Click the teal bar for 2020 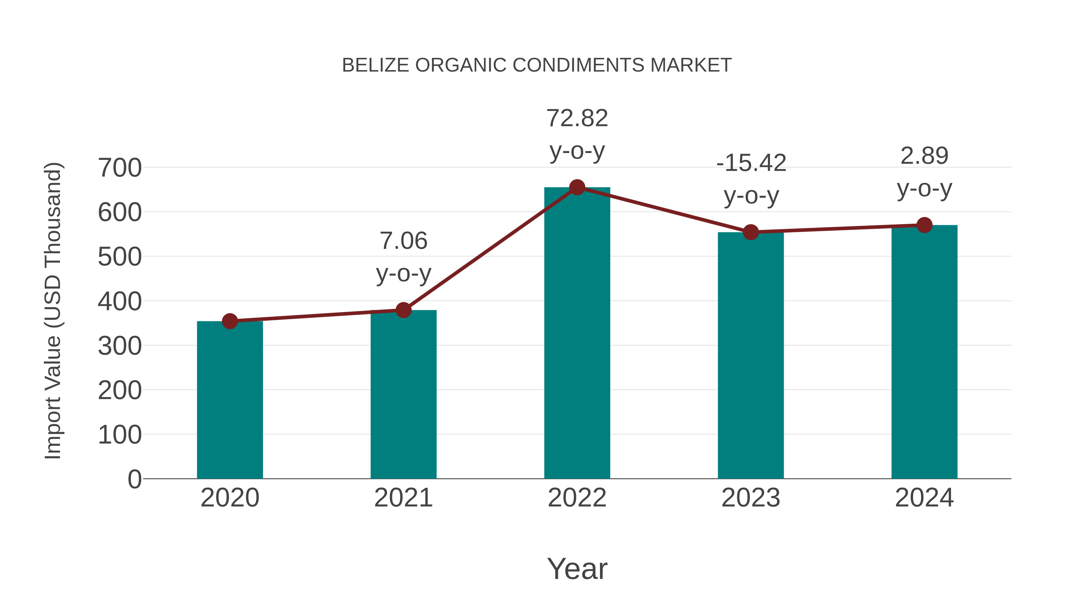230,400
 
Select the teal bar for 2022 577,333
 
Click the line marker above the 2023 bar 751,232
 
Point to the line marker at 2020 230,321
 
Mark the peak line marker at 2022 577,188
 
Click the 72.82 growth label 577,118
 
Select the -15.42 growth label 751,163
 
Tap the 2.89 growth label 924,156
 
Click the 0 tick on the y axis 134,479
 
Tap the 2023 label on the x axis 751,498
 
